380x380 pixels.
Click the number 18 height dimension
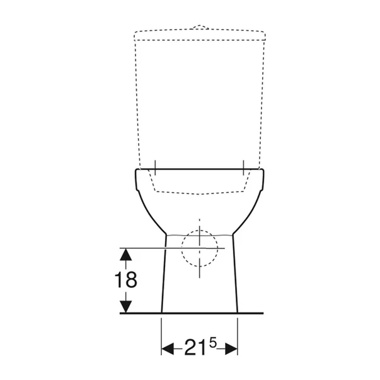point(127,280)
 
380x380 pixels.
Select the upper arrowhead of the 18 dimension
point(127,254)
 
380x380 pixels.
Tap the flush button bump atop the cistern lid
point(199,27)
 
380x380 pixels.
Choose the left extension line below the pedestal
point(162,334)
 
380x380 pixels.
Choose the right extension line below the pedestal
point(238,334)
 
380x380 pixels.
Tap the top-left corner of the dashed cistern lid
point(135,32)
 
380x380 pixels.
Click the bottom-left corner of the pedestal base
point(162,312)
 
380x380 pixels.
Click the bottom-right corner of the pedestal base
point(238,312)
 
